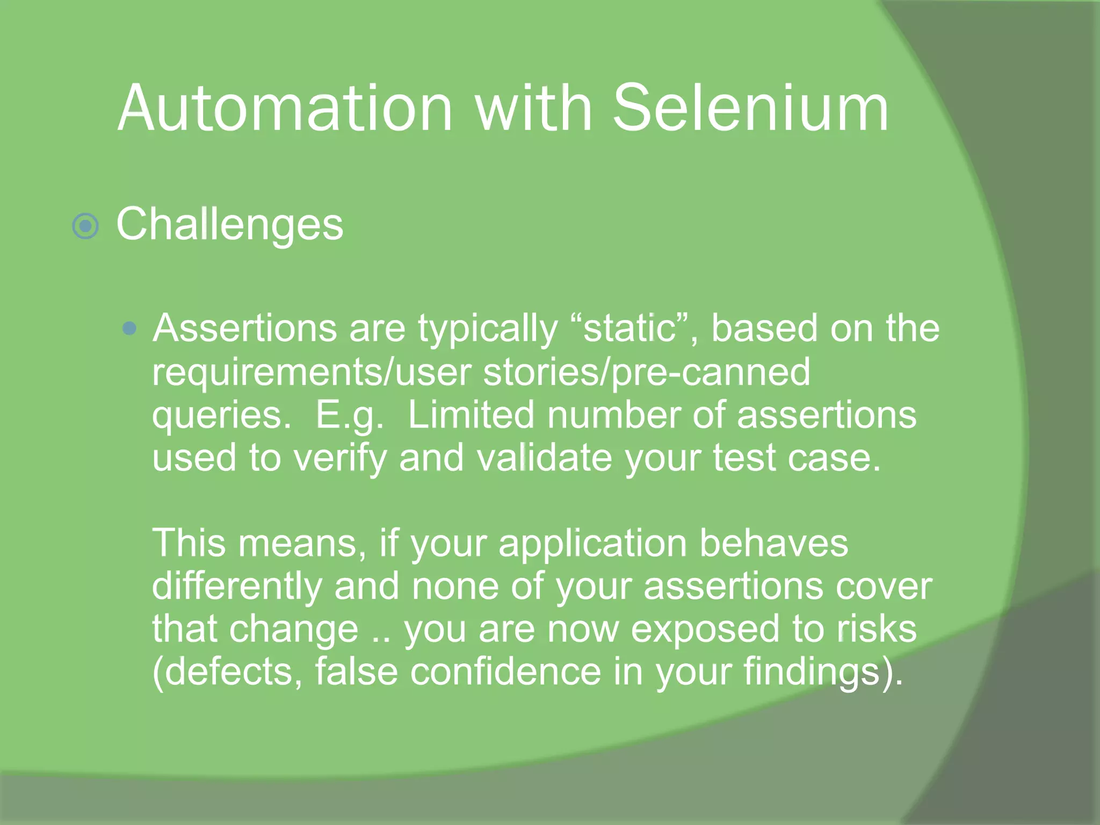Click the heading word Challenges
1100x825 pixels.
click(230, 225)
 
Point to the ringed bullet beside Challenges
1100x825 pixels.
click(85, 226)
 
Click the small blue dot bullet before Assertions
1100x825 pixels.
click(129, 328)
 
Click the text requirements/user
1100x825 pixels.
click(312, 373)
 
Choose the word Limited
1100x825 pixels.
click(471, 415)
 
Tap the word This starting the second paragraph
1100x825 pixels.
click(189, 543)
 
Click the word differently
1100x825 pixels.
click(237, 587)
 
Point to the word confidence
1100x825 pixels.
click(505, 672)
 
